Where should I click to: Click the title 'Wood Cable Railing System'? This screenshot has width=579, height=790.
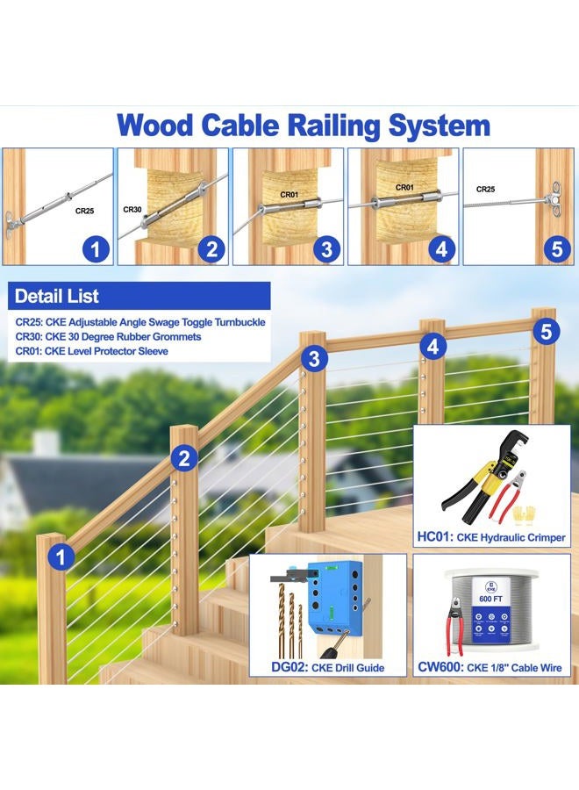click(303, 124)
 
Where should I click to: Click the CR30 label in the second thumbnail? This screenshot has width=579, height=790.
click(132, 210)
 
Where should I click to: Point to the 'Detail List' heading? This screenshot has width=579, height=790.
click(57, 296)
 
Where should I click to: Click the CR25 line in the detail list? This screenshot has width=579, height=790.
click(140, 322)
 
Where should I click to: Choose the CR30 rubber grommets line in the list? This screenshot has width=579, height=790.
click(108, 336)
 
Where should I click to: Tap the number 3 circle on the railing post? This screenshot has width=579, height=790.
click(316, 358)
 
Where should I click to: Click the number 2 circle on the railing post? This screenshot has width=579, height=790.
click(184, 457)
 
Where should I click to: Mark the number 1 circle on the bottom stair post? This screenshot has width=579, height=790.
click(61, 556)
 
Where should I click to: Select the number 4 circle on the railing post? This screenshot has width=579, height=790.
click(432, 348)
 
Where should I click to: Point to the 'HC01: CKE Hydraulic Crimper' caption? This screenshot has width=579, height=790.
click(496, 537)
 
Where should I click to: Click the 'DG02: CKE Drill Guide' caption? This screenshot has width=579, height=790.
click(328, 668)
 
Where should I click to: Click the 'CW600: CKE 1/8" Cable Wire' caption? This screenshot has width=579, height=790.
click(496, 668)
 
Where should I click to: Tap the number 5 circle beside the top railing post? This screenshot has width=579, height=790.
click(546, 332)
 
